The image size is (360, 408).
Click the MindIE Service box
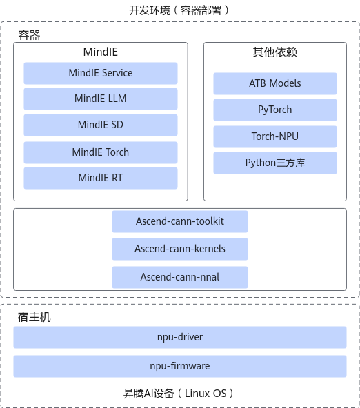pyautogui.click(x=101, y=73)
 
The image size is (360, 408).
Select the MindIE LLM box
pyautogui.click(x=101, y=99)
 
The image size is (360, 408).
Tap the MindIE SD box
pyautogui.click(x=101, y=125)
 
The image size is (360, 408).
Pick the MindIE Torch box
pyautogui.click(x=101, y=152)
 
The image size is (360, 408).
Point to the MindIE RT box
pyautogui.click(x=101, y=178)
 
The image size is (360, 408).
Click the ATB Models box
pyautogui.click(x=275, y=83)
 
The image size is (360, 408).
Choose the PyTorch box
pyautogui.click(x=275, y=110)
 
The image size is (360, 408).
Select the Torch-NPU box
pyautogui.click(x=275, y=136)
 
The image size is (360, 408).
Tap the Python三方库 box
pyautogui.click(x=275, y=163)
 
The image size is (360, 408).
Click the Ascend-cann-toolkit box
pyautogui.click(x=180, y=221)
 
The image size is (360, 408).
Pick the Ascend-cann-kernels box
pyautogui.click(x=180, y=249)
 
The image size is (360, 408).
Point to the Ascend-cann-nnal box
pyautogui.click(x=180, y=277)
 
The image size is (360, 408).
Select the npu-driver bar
pyautogui.click(x=180, y=337)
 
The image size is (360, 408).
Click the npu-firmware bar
pyautogui.click(x=180, y=366)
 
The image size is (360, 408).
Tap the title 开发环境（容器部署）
pyautogui.click(x=179, y=10)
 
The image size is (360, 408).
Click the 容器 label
pyautogui.click(x=29, y=35)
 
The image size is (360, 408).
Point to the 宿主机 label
pyautogui.click(x=34, y=317)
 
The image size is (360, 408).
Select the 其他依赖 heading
pyautogui.click(x=275, y=52)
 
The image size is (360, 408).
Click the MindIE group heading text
pyautogui.click(x=101, y=52)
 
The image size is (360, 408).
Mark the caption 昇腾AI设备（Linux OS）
pyautogui.click(x=179, y=393)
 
